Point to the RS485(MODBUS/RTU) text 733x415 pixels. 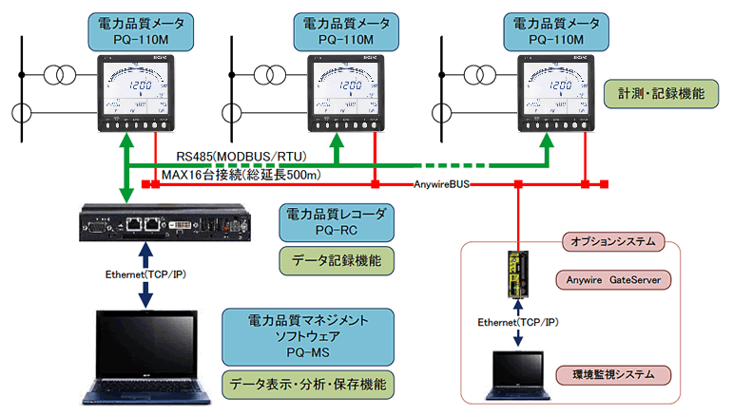232,155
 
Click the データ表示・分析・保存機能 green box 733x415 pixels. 307,386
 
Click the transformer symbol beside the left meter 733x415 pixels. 63,73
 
